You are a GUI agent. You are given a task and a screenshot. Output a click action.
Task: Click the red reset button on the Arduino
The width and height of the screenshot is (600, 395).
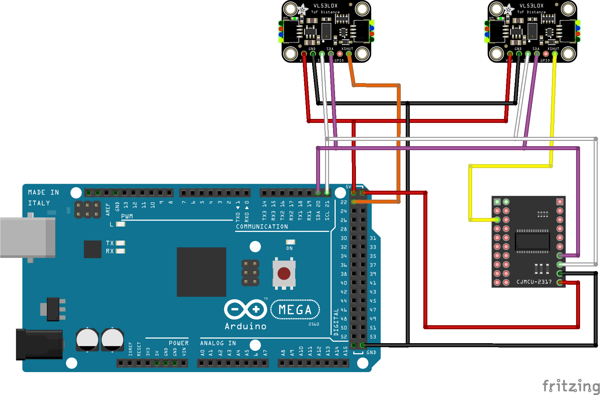tap(284, 274)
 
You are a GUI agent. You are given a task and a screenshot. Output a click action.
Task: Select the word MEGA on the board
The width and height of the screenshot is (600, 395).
tap(295, 310)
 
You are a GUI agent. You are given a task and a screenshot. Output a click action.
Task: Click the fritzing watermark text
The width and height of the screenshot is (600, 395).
tap(571, 386)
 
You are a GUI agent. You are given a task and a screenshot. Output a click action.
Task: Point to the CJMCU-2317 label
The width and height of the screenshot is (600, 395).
tap(534, 282)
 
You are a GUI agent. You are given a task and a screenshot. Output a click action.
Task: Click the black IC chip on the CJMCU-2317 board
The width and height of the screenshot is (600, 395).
tap(532, 241)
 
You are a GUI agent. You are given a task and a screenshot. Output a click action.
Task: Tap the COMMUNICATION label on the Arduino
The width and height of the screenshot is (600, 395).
tap(262, 227)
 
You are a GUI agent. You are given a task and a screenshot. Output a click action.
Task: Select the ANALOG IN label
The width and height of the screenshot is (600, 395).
tap(218, 343)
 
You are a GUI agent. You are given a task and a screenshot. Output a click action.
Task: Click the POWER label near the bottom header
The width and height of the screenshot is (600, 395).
tap(179, 343)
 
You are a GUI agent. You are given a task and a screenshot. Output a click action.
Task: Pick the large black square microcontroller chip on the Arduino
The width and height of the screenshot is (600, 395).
tap(201, 272)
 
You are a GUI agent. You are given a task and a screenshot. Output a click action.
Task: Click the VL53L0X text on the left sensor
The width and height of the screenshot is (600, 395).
tap(325, 6)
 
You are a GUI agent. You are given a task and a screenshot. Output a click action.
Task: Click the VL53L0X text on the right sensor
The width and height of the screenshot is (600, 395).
tap(531, 6)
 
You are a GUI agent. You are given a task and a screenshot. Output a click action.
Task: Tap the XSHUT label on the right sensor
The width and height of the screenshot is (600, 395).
tap(553, 49)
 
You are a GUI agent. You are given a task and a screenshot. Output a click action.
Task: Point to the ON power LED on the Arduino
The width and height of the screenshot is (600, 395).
tap(290, 242)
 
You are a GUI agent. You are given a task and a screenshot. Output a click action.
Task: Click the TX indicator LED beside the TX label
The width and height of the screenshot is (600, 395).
tap(120, 243)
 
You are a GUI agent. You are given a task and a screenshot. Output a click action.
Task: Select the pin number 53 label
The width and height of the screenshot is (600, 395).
tap(373, 337)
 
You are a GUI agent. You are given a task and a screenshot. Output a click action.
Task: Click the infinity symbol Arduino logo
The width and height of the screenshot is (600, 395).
tap(245, 310)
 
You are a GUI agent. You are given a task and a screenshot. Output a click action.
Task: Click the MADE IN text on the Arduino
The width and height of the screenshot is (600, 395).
tap(43, 192)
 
